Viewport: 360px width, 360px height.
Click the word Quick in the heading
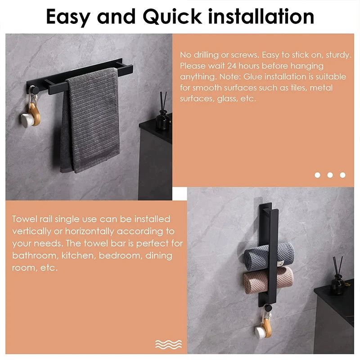172,17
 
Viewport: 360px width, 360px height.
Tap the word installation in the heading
261,16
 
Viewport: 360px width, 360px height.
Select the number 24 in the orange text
232,66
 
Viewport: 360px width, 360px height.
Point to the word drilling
206,55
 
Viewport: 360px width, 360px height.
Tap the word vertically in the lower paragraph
31,232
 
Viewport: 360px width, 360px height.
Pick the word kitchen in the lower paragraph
78,256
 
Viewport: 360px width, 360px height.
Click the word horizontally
90,232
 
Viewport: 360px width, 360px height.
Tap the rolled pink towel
268,280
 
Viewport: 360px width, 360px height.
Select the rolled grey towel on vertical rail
269,256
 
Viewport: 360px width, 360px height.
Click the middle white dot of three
330,175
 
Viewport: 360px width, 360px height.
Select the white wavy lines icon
168,344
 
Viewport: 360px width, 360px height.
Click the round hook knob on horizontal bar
35,90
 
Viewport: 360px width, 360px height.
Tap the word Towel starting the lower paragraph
24,219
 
